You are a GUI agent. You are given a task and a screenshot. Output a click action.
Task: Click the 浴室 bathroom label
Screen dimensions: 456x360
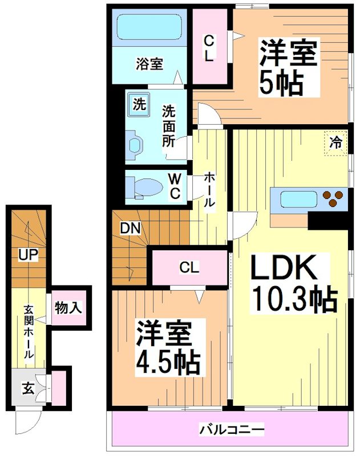149,64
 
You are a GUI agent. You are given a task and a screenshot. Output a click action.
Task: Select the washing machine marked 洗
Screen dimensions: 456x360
139,104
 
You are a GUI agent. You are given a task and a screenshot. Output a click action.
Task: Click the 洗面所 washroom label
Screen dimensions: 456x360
168,125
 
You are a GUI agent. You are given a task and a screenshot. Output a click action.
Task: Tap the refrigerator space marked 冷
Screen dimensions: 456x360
337,142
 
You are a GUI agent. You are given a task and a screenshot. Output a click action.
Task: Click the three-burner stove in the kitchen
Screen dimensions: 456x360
334,199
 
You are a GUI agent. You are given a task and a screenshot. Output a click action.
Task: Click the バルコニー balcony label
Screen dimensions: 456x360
231,428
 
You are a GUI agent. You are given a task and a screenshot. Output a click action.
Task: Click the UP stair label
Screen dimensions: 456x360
27,255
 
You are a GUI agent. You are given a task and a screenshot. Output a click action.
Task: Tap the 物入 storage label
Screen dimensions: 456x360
68,308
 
